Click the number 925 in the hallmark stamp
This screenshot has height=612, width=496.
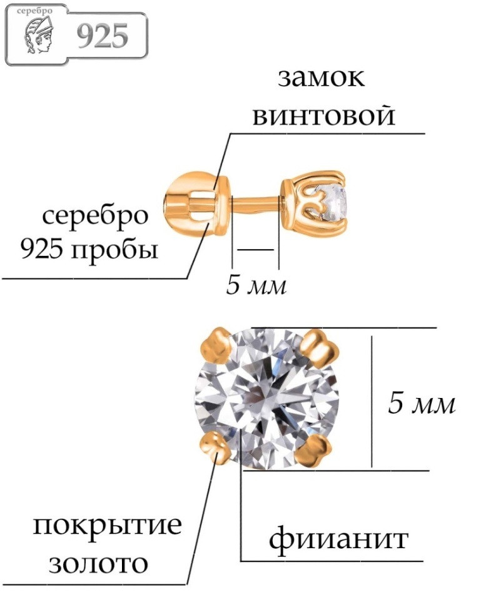click(x=103, y=36)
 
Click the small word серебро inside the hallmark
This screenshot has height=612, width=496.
click(x=35, y=11)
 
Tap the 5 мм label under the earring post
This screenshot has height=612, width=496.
click(x=256, y=285)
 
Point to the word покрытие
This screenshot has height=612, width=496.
click(x=108, y=526)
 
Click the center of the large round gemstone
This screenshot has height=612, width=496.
click(x=267, y=398)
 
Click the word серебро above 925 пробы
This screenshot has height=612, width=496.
click(x=95, y=216)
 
